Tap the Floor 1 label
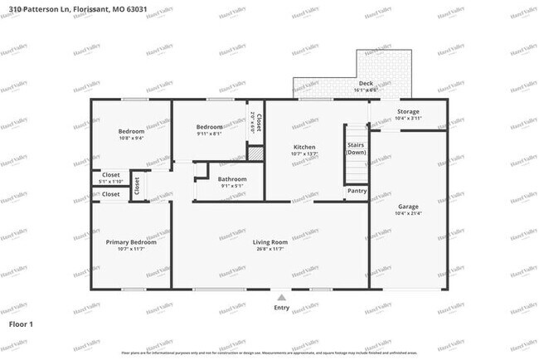pyautogui.click(x=21, y=324)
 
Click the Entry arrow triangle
pyautogui.click(x=281, y=297)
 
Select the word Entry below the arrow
pyautogui.click(x=282, y=309)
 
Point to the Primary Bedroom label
pyautogui.click(x=131, y=242)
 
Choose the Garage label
pyautogui.click(x=407, y=207)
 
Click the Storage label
pyautogui.click(x=407, y=111)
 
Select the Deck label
pyautogui.click(x=366, y=84)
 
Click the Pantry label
pyautogui.click(x=357, y=191)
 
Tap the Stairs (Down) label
pyautogui.click(x=357, y=149)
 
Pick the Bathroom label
pyautogui.click(x=232, y=178)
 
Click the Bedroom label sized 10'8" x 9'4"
pyautogui.click(x=131, y=131)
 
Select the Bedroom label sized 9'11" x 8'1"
pyautogui.click(x=209, y=127)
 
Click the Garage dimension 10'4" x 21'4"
pyautogui.click(x=407, y=213)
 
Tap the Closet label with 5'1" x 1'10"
pyautogui.click(x=110, y=175)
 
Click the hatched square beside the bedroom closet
pyautogui.click(x=256, y=153)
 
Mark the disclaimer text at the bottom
pyautogui.click(x=269, y=353)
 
